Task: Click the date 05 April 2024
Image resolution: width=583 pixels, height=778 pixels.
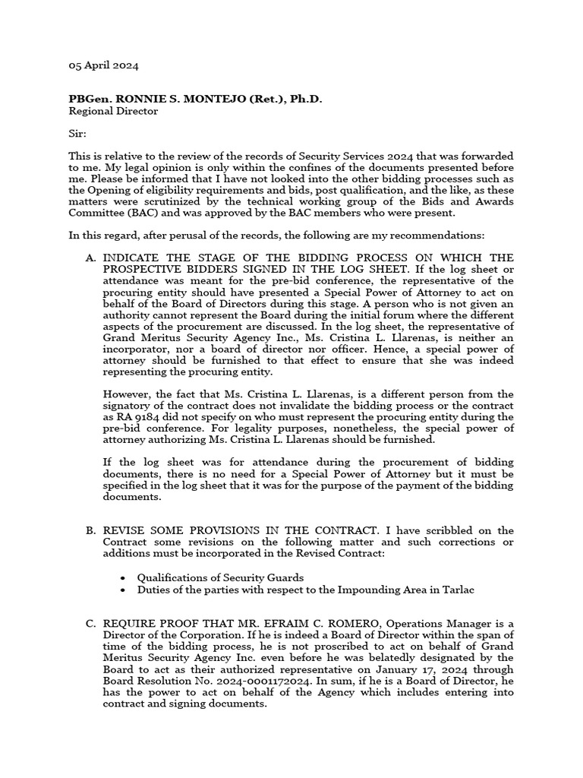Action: pyautogui.click(x=103, y=66)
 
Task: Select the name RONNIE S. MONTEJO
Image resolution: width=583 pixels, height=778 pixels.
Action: pyautogui.click(x=170, y=99)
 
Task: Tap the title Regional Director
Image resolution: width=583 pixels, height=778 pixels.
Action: pyautogui.click(x=113, y=111)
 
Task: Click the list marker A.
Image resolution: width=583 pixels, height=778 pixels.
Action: pyautogui.click(x=90, y=258)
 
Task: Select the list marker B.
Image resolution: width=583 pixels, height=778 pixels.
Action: pyautogui.click(x=90, y=530)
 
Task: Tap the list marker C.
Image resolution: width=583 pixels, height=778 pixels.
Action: pyautogui.click(x=90, y=624)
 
